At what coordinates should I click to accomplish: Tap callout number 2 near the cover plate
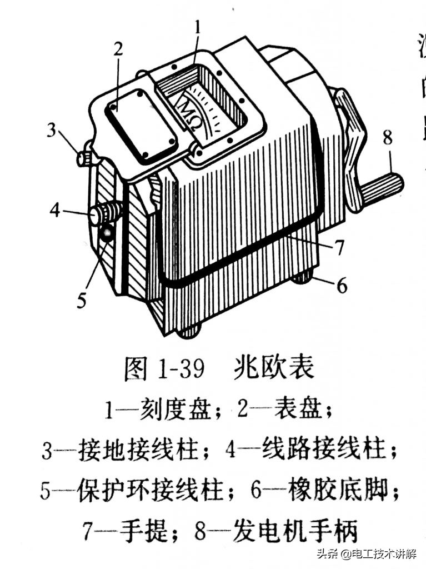pos(117,49)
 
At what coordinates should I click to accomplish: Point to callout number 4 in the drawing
pos(54,211)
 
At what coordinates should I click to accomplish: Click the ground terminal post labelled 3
pos(85,158)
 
